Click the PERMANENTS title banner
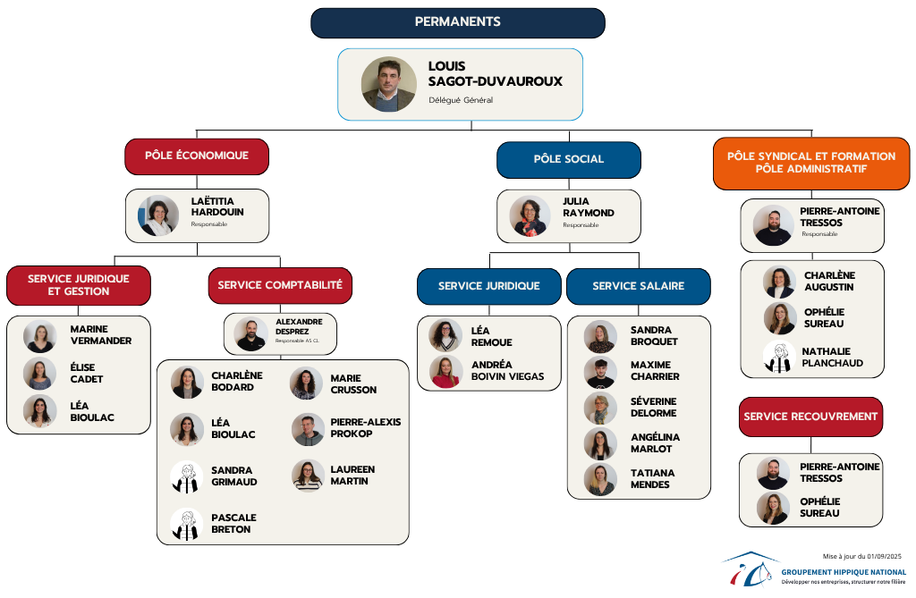pyautogui.click(x=457, y=22)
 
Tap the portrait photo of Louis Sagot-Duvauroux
pyautogui.click(x=389, y=85)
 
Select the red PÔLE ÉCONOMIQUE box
pyautogui.click(x=197, y=156)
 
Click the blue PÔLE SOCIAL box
pyautogui.click(x=569, y=159)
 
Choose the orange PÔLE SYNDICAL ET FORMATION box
pyautogui.click(x=810, y=163)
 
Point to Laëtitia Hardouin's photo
pyautogui.click(x=158, y=215)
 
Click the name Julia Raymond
pyautogui.click(x=589, y=207)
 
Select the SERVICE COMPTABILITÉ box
pyautogui.click(x=281, y=285)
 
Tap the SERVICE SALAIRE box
pyautogui.click(x=638, y=286)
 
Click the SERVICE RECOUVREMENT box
pyautogui.click(x=810, y=417)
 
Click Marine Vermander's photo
pyautogui.click(x=40, y=336)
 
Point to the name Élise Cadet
pyautogui.click(x=87, y=373)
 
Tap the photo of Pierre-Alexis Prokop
pyautogui.click(x=308, y=430)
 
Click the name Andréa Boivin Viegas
pyautogui.click(x=507, y=370)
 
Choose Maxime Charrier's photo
pyautogui.click(x=600, y=372)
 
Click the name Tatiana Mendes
pyautogui.click(x=652, y=478)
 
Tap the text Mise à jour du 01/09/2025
pyautogui.click(x=862, y=556)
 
